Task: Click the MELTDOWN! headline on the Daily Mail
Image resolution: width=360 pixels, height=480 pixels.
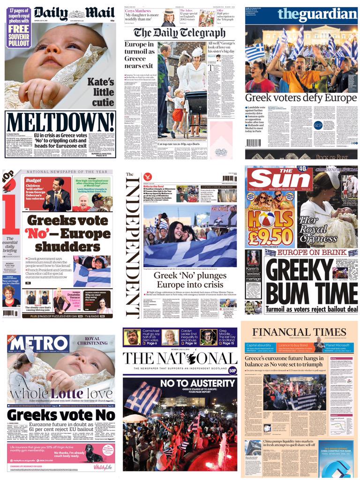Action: [x=61, y=123]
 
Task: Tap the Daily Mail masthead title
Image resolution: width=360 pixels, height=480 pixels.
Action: [x=74, y=13]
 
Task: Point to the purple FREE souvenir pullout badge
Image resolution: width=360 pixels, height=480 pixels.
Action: [x=19, y=28]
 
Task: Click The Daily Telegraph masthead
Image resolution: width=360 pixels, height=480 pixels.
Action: [x=180, y=32]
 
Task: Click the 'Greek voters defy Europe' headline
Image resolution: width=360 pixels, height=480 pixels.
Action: [x=300, y=98]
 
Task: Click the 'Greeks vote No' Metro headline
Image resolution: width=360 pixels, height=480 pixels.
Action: [x=61, y=415]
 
